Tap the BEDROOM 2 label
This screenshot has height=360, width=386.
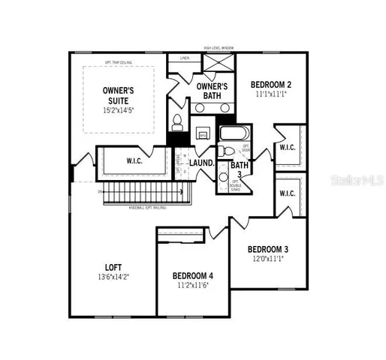click(x=271, y=85)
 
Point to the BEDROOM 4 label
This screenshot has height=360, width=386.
click(x=193, y=274)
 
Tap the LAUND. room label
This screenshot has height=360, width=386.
click(x=202, y=162)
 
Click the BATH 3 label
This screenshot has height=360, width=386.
click(x=240, y=166)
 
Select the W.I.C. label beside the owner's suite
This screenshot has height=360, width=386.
click(x=135, y=160)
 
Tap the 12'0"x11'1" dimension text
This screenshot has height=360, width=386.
click(x=268, y=259)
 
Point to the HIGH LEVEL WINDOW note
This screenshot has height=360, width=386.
click(x=218, y=48)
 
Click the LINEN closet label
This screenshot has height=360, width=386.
click(x=185, y=57)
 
